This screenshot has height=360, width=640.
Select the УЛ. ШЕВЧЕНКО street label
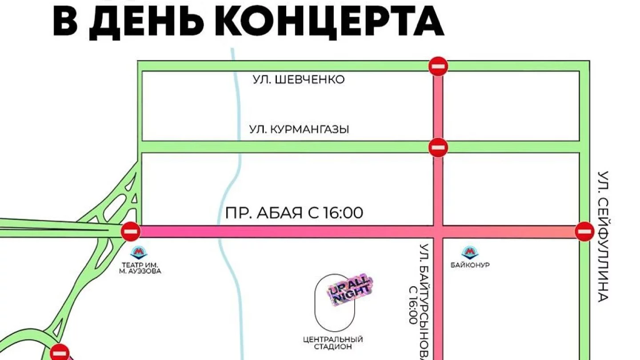pyautogui.click(x=299, y=80)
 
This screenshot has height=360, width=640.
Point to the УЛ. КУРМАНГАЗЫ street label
pyautogui.click(x=299, y=130)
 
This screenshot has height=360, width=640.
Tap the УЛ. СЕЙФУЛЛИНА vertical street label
pyautogui.click(x=603, y=236)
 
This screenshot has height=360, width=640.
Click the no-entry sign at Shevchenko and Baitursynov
pyautogui.click(x=438, y=67)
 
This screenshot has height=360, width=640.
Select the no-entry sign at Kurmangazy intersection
pyautogui.click(x=438, y=147)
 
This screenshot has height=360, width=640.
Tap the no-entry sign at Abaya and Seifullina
pyautogui.click(x=584, y=232)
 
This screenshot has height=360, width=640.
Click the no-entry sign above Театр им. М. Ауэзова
pyautogui.click(x=131, y=232)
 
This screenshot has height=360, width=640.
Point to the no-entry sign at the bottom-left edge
pyautogui.click(x=60, y=352)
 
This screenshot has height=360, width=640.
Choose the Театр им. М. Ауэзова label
pyautogui.click(x=140, y=268)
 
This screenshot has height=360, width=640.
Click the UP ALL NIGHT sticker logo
pyautogui.click(x=350, y=291)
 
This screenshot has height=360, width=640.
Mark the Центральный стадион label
pyautogui.click(x=333, y=343)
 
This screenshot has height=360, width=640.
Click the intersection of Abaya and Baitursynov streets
pyautogui.click(x=438, y=232)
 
